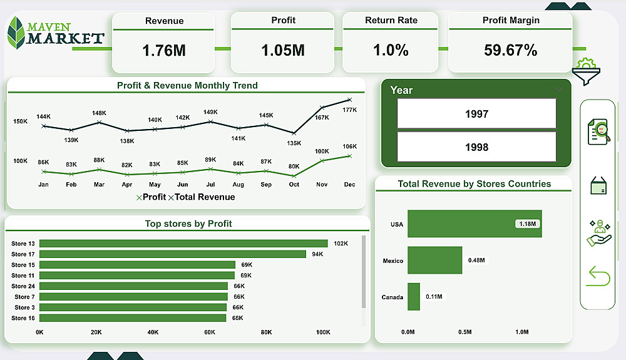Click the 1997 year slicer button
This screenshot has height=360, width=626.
coord(476,114)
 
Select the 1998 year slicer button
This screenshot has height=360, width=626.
coord(476,147)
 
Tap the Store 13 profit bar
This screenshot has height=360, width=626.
coord(183,244)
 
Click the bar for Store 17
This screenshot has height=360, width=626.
coord(173,254)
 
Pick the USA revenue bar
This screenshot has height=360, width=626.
coord(475,224)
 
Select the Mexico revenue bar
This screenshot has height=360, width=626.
coord(434,260)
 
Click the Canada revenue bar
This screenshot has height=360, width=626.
coord(414,297)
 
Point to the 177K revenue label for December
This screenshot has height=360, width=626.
coord(349,110)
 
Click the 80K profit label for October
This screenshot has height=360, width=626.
coord(294,166)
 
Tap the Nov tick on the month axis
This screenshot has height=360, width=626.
coord(321,185)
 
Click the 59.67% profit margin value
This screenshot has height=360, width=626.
coord(510,51)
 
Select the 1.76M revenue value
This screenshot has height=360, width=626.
coord(164,51)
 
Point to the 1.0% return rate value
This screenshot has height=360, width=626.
coord(391,50)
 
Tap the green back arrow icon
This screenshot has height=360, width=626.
coord(598,276)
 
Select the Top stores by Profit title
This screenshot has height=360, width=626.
coord(188,224)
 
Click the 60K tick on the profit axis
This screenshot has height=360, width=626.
coord(210,332)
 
